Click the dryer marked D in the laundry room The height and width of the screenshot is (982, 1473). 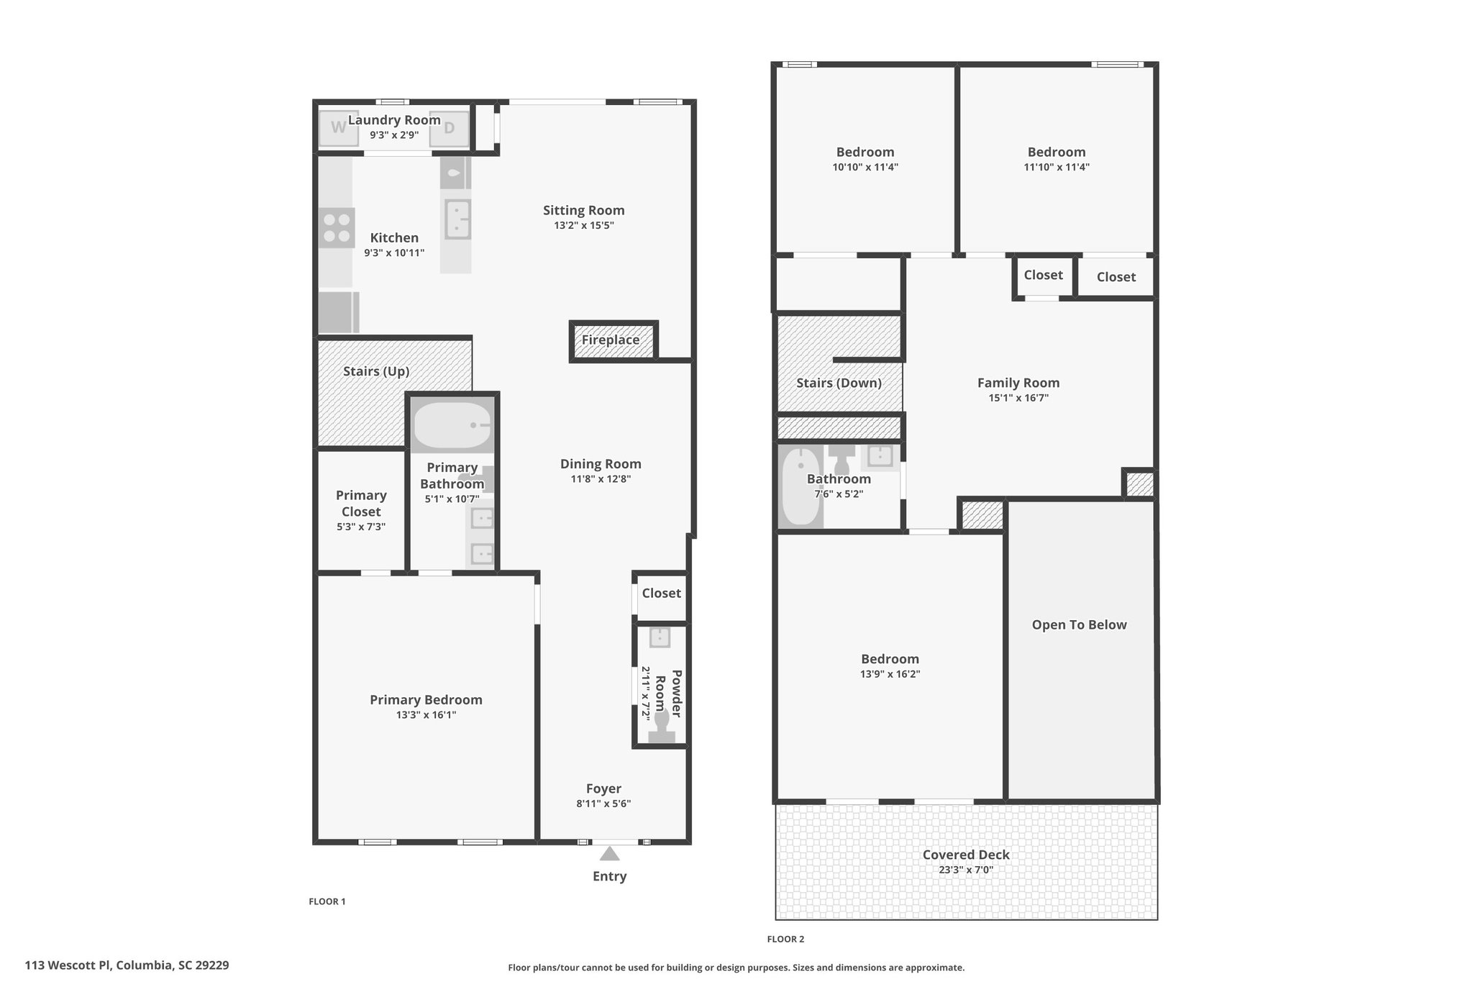pos(449,128)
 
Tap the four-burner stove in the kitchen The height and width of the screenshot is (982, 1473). pos(337,228)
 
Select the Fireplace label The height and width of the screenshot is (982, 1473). pos(611,340)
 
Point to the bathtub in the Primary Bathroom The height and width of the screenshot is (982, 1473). pos(452,425)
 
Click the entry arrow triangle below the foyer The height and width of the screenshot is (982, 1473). pos(610,853)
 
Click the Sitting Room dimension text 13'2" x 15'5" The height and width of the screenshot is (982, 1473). pos(583,225)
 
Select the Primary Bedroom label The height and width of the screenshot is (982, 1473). pos(426,700)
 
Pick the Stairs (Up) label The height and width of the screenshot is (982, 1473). pos(376,371)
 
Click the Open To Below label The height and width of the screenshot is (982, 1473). pos(1079,625)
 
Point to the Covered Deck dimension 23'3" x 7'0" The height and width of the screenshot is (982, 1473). pos(966,870)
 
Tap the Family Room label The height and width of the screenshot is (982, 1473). pos(1018,383)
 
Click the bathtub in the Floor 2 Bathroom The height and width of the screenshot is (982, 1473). pos(801,487)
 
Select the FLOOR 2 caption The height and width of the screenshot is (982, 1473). pos(785,939)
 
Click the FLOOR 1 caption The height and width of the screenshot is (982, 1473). pos(327,901)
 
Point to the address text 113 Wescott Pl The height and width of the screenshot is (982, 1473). pos(68,965)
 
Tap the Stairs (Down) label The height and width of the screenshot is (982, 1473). pos(839,383)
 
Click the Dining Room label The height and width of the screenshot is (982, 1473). pos(601,465)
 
